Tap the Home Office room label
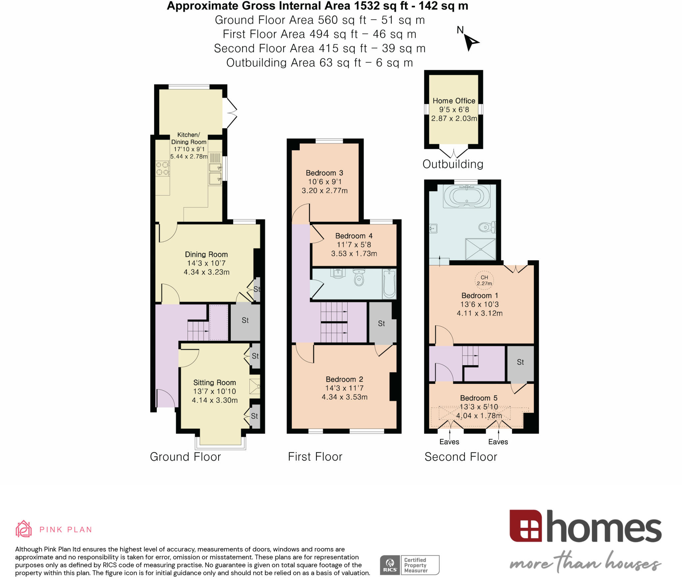[x=454, y=101]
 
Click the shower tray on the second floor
[x=480, y=249]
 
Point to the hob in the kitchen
[x=163, y=168]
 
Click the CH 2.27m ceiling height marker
[x=484, y=280]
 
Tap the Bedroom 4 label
[x=354, y=236]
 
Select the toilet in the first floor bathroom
[x=359, y=277]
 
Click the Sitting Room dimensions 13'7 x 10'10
[x=214, y=391]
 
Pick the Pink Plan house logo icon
[x=24, y=529]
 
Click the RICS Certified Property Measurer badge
[x=410, y=565]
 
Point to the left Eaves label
[x=449, y=442]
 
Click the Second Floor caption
[x=461, y=457]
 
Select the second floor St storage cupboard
[x=520, y=362]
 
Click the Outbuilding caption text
[x=453, y=164]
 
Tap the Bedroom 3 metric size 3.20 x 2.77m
[x=324, y=191]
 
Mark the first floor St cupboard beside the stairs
[x=381, y=323]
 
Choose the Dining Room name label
[x=206, y=254]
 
